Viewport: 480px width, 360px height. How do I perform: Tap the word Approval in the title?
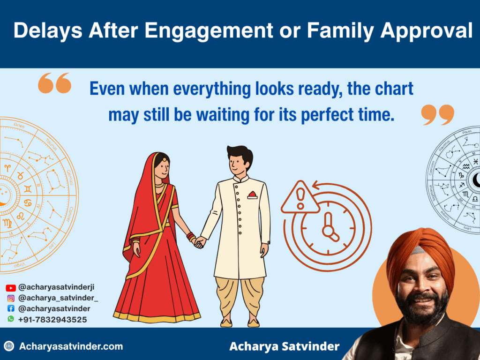426,30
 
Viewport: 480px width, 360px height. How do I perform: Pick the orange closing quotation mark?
438,115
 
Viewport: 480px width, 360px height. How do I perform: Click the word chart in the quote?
392,89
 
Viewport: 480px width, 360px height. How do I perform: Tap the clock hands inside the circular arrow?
329,227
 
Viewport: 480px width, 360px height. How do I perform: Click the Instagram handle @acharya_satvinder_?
59,298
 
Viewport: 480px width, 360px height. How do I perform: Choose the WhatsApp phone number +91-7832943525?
52,319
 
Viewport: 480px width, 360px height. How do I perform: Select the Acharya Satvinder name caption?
284,347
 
